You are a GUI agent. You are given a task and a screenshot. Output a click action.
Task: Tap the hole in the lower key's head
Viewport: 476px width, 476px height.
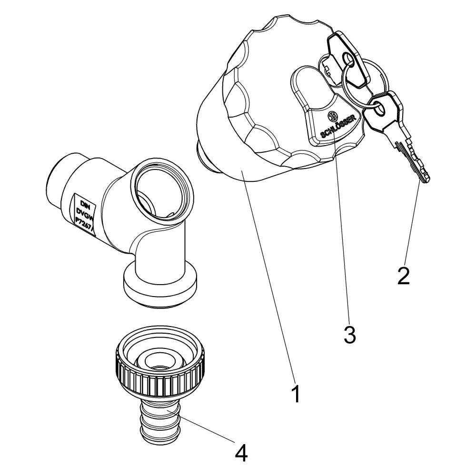[x=379, y=109]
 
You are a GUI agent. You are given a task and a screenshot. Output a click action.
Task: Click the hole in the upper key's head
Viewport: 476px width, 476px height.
[x=347, y=58]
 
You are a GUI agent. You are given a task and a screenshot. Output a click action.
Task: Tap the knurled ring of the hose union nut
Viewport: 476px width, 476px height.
[x=160, y=375]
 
